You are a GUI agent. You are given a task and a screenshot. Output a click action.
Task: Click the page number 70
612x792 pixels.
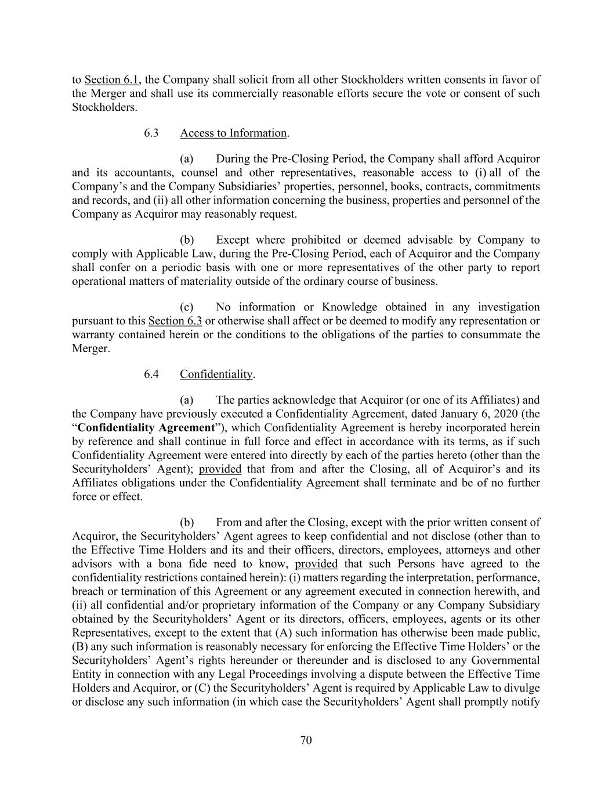[306, 740]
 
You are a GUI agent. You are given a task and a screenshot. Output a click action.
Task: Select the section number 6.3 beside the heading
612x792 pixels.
[151, 133]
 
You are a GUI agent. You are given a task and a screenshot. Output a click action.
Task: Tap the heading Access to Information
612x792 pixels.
[233, 133]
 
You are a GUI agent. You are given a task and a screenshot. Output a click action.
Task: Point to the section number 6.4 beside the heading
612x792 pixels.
[151, 374]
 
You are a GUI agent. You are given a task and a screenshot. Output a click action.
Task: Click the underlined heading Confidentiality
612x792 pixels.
[216, 374]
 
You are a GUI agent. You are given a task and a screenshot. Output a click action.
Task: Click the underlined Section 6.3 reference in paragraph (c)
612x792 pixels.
[175, 321]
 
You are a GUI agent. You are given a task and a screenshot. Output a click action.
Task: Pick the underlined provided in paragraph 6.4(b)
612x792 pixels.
[316, 564]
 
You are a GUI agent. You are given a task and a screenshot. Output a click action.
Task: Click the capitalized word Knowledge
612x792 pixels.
[349, 307]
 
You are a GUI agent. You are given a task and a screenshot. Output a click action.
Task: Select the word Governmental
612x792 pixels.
[505, 660]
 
